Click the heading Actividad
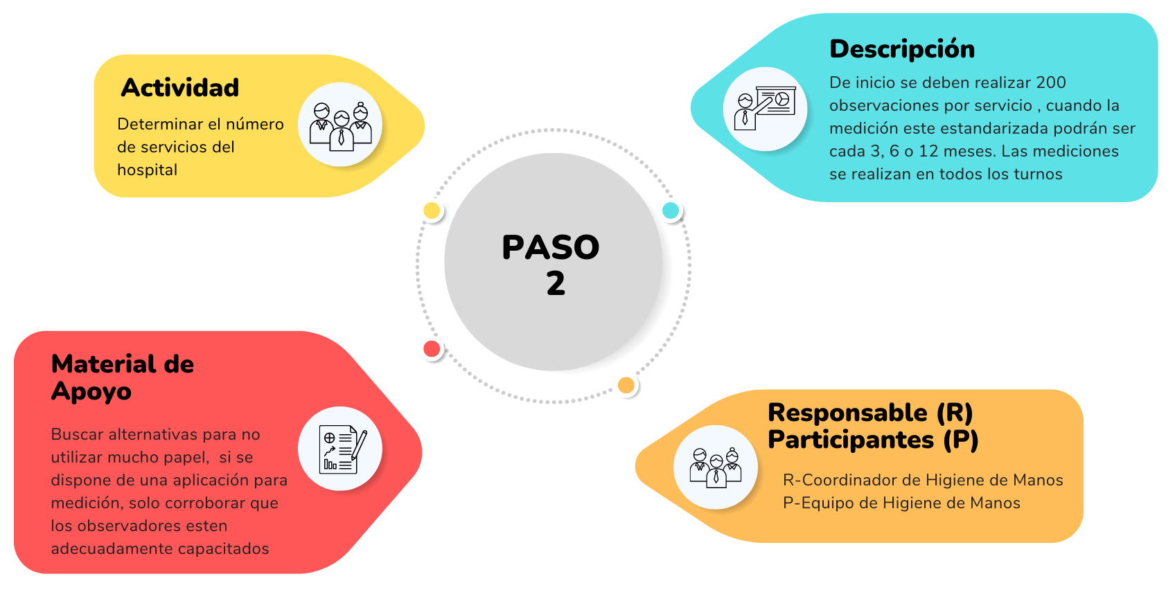[180, 87]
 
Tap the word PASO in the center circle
[551, 247]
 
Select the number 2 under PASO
[556, 283]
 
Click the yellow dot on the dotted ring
[432, 211]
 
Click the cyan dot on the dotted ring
[671, 211]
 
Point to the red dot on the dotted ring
[432, 349]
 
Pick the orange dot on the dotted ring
[626, 386]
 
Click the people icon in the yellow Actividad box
[340, 126]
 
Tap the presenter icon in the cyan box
[765, 108]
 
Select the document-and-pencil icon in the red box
[342, 449]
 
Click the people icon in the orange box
[716, 467]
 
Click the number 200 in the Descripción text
[1051, 83]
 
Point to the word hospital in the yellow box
[148, 170]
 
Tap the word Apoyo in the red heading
[91, 392]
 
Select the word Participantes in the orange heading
[851, 440]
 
